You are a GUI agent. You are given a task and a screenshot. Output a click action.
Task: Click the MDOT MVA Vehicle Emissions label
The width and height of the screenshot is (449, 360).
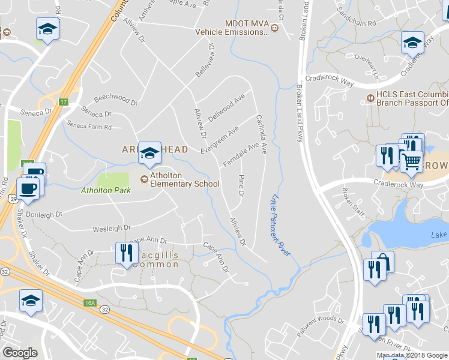[x=246, y=28]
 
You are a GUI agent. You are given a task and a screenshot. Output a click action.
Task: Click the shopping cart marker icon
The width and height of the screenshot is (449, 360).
[x=411, y=161]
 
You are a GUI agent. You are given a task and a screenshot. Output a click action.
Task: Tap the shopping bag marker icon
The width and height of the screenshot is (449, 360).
[x=382, y=263]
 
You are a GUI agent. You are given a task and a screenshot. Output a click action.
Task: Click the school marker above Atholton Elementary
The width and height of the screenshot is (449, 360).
[x=149, y=153]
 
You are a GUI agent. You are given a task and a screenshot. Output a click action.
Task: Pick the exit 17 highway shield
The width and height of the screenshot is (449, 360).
[x=63, y=102]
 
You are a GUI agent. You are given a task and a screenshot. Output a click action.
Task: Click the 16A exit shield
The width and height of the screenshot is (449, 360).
[x=90, y=303]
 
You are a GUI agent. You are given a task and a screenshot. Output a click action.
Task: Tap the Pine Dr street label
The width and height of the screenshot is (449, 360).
[x=241, y=185]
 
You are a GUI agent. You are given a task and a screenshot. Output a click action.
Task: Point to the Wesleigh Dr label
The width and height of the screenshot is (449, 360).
[x=111, y=228]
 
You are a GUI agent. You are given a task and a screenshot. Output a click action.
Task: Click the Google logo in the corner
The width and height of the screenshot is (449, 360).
[x=20, y=353]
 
